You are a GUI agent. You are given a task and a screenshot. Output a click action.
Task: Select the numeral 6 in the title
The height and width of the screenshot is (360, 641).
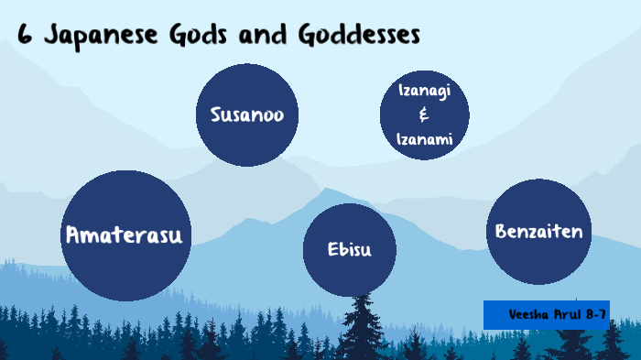click(25, 36)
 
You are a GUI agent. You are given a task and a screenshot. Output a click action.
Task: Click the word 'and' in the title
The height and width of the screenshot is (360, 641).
click(261, 36)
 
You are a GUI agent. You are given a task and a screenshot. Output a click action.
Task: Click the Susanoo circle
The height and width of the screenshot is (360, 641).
click(247, 115)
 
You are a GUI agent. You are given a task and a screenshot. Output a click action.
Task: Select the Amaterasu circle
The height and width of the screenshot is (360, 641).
click(125, 235)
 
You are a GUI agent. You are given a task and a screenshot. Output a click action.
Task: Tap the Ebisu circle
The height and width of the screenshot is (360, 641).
click(349, 249)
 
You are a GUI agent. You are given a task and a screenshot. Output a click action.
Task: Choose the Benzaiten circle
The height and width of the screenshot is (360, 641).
click(538, 231)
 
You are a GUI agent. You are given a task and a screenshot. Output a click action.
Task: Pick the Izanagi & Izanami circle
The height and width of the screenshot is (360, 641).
click(424, 115)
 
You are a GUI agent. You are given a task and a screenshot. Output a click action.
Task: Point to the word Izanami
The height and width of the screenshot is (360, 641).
click(424, 139)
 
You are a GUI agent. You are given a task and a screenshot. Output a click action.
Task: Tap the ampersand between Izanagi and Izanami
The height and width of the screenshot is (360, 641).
click(423, 115)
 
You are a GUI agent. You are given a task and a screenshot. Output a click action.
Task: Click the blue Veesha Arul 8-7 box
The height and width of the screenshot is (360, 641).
click(546, 314)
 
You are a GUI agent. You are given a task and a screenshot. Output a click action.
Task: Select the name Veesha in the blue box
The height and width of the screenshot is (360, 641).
click(529, 314)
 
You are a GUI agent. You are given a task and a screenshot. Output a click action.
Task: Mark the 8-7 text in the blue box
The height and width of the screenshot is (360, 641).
click(596, 314)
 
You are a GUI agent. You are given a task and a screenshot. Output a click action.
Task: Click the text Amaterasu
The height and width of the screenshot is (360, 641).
click(125, 235)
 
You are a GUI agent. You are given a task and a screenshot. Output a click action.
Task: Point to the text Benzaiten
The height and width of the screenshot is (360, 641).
click(538, 231)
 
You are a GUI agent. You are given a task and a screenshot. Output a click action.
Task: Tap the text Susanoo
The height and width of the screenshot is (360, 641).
click(247, 115)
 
